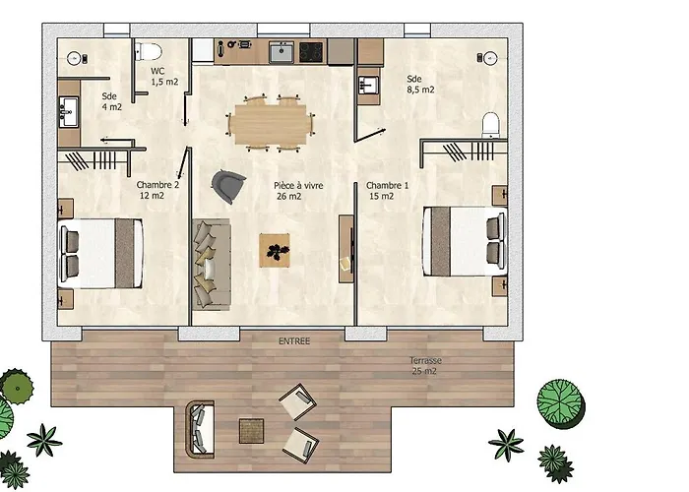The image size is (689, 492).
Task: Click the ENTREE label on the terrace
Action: click(x=294, y=340)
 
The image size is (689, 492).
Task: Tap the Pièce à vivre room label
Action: click(x=298, y=191)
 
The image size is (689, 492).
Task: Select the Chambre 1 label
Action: click(x=387, y=191)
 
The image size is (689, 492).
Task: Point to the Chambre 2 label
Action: click(x=157, y=190)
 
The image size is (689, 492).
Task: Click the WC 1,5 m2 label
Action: click(x=164, y=77)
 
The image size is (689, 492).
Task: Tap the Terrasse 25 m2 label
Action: click(x=425, y=365)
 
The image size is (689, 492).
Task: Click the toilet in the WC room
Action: click(x=148, y=51)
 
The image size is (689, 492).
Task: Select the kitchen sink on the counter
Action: click(x=282, y=52)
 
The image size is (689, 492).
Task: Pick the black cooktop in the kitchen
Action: click(x=311, y=52)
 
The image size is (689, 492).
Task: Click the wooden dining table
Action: click(x=271, y=124)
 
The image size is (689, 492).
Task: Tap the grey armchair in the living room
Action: click(x=227, y=186)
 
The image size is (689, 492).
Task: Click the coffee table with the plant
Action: click(x=275, y=250)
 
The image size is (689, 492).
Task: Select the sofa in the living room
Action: click(x=212, y=265)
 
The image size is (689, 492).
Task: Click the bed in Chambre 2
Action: click(x=100, y=254)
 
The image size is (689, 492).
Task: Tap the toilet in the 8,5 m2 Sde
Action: click(x=491, y=125)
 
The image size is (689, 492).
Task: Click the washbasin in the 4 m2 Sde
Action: click(x=69, y=112)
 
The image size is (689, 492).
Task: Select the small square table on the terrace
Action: click(x=251, y=431)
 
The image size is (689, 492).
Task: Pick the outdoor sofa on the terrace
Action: click(x=200, y=429)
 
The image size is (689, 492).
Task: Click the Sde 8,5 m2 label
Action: click(x=420, y=85)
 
